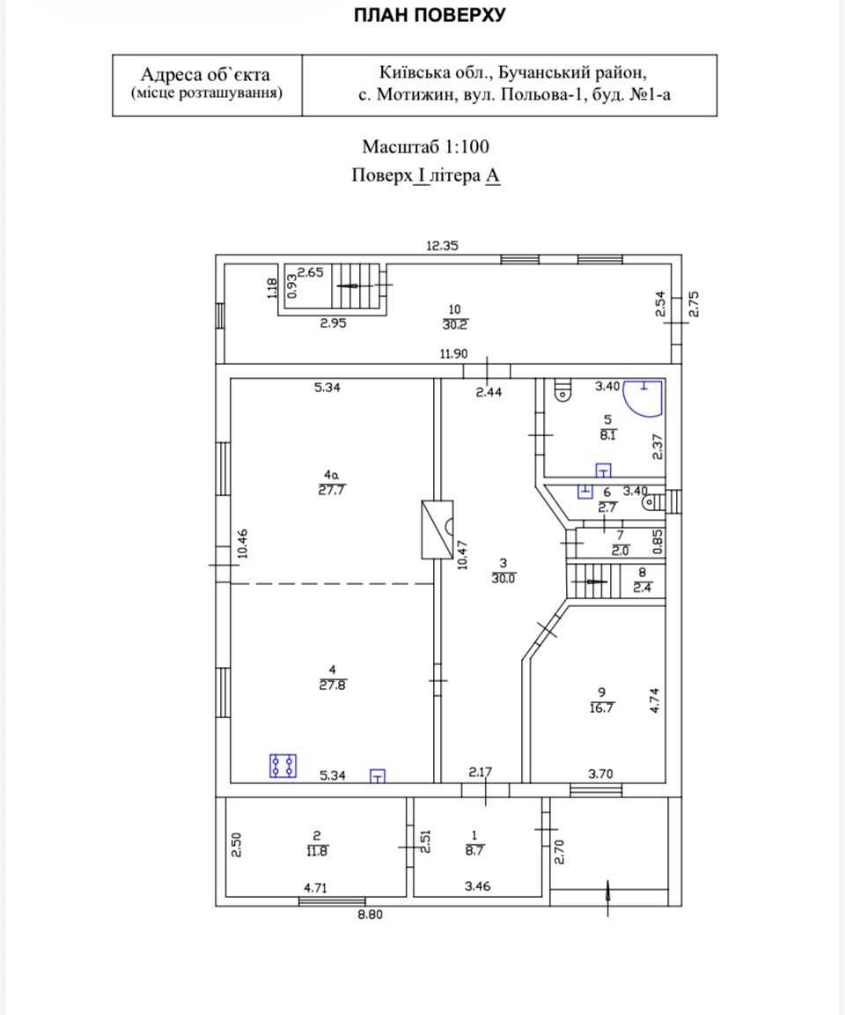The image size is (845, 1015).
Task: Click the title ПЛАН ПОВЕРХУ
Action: tap(430, 15)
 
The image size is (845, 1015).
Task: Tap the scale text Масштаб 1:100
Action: tap(425, 147)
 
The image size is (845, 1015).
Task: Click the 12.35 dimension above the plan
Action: tap(442, 245)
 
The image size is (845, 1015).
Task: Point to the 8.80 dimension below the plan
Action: tap(370, 915)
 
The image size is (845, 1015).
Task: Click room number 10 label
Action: tap(454, 309)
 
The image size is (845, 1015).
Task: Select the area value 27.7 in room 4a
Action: tap(331, 490)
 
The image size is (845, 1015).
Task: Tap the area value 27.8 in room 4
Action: tap(333, 685)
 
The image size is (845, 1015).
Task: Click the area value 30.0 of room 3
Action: tap(503, 579)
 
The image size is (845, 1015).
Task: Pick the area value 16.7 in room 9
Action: tap(601, 708)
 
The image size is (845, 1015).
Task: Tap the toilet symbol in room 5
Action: tap(563, 390)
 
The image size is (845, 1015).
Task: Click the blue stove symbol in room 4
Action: tap(283, 766)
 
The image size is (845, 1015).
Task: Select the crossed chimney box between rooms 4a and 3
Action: tap(437, 530)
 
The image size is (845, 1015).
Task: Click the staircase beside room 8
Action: tap(593, 582)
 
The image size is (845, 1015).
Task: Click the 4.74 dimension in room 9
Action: tap(654, 700)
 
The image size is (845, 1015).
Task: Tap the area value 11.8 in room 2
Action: tap(317, 851)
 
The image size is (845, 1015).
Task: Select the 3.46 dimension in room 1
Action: tap(477, 886)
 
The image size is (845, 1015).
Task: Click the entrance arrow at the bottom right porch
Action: tap(607, 898)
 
